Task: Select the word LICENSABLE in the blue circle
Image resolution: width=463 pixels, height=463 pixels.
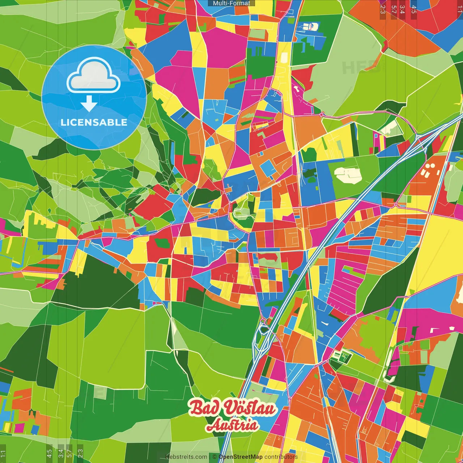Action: point(94,122)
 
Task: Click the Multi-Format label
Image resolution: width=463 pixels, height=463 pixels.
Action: point(231,3)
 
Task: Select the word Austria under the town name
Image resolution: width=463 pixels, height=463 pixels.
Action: point(232,425)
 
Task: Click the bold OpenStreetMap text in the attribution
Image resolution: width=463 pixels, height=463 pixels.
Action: point(241,457)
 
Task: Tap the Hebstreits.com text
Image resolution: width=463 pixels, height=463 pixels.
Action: point(186,457)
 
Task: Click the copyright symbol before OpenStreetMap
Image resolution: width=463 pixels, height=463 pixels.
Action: point(214,457)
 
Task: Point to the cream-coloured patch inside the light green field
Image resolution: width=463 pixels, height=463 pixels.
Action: point(348,174)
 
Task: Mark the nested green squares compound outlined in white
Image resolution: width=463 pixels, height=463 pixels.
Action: point(342,357)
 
